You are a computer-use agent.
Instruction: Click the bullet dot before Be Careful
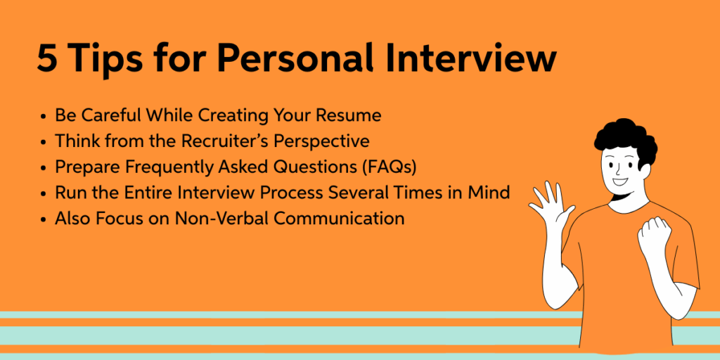[x=44, y=116]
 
